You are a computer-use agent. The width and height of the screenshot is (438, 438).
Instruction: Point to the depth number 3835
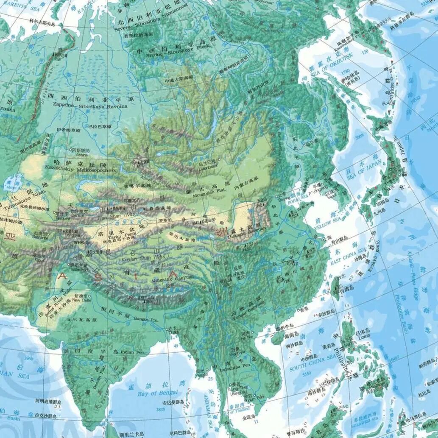point(161,410)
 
